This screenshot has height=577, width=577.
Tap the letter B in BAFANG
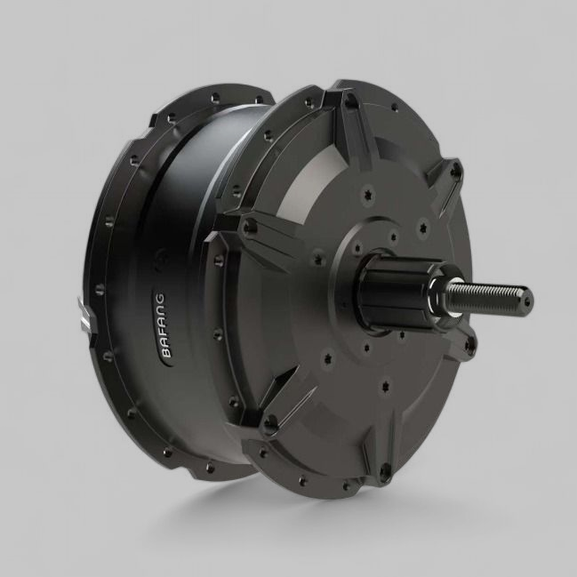(165, 352)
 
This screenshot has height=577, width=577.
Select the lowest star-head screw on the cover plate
(384, 386)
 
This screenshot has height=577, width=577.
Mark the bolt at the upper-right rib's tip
(454, 170)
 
